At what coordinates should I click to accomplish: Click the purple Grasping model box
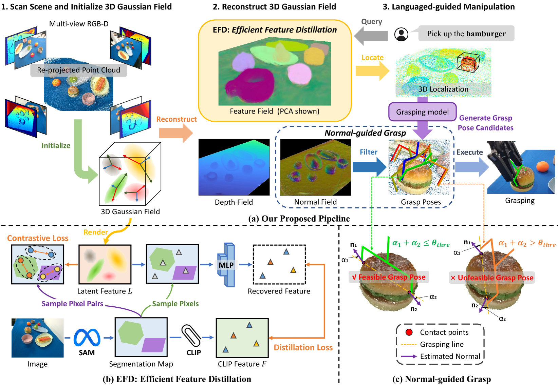(422, 112)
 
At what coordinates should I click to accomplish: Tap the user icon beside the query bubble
(401, 34)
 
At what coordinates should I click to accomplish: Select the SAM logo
(87, 338)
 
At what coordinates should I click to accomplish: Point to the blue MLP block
(226, 265)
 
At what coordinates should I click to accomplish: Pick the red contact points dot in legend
(409, 332)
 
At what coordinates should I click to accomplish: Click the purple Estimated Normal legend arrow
(409, 357)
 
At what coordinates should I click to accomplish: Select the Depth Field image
(234, 167)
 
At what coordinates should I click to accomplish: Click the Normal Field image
(315, 167)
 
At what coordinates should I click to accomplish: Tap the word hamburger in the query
(486, 34)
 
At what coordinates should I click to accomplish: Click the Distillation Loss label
(303, 347)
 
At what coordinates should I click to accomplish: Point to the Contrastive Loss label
(38, 238)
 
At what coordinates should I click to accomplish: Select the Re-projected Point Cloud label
(78, 70)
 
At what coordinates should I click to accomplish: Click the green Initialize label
(56, 145)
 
